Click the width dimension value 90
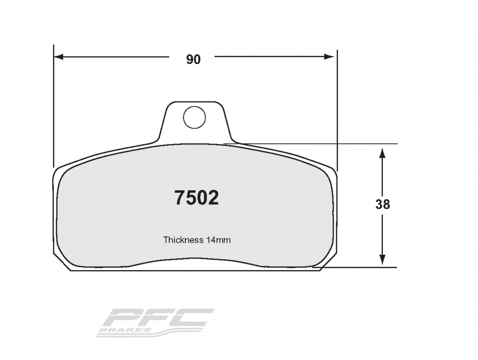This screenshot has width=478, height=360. (x=194, y=59)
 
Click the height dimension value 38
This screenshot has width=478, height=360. (x=382, y=204)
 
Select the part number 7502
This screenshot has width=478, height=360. (x=196, y=198)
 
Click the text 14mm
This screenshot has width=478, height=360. (x=218, y=240)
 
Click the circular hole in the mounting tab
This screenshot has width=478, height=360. (x=195, y=117)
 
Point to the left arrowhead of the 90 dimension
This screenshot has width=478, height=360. (x=58, y=57)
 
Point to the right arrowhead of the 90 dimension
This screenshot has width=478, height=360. (x=329, y=57)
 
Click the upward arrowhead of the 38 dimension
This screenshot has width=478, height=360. (x=382, y=153)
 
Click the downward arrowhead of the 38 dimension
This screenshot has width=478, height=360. (x=382, y=260)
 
